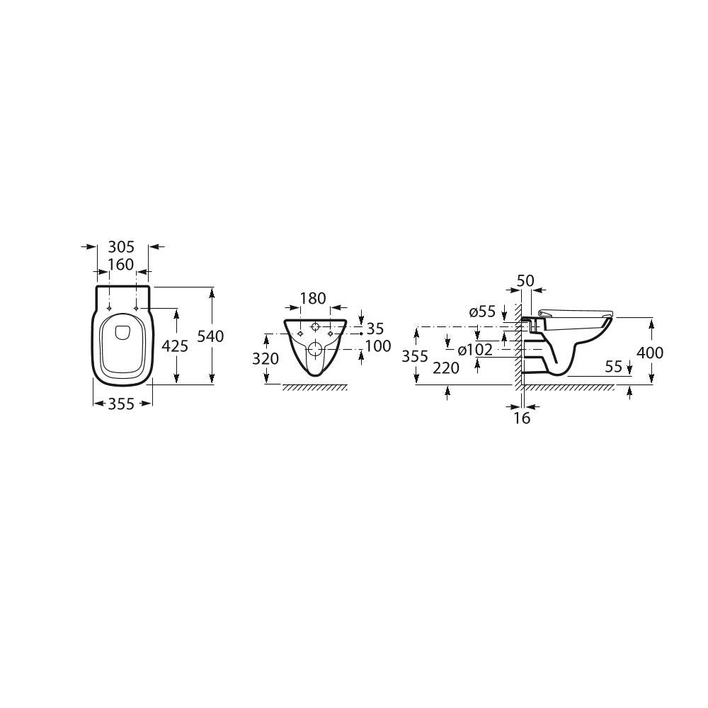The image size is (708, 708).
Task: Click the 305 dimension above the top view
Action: point(121,247)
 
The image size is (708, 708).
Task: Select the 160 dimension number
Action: point(120,265)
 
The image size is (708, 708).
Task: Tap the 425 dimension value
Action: point(175,346)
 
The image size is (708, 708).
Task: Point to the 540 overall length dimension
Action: point(210,336)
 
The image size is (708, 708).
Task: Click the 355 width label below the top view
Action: point(122,404)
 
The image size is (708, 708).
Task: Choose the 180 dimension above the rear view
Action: point(313,299)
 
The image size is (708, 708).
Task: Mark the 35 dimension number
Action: point(375,329)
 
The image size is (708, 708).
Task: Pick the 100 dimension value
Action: point(378,346)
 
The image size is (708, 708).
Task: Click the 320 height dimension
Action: point(265,359)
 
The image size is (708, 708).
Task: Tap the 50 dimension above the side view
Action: point(525,280)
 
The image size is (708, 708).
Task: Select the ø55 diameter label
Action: point(482,312)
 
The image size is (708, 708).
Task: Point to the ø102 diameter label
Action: point(475,350)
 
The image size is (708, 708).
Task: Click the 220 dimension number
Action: point(447,367)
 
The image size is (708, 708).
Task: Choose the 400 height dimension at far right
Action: point(650,352)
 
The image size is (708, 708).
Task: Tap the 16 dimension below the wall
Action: point(522,418)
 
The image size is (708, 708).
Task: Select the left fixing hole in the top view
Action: point(108,307)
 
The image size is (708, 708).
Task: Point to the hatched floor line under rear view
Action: point(315,387)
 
